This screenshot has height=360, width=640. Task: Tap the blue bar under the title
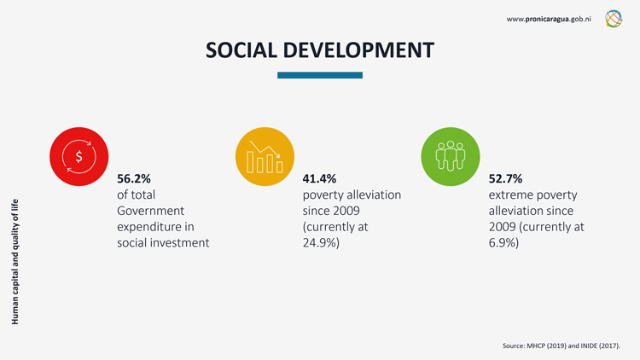[x=320, y=75]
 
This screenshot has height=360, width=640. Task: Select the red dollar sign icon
[x=79, y=156]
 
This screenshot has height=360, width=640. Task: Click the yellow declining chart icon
[x=265, y=156]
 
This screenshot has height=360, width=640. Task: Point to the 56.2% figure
[x=133, y=179]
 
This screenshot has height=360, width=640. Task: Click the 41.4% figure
[x=319, y=179]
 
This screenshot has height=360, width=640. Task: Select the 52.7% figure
[x=505, y=179]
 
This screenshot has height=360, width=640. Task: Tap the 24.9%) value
[x=321, y=243]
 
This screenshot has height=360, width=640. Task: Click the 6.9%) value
[x=503, y=243]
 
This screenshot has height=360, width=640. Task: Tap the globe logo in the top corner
[x=614, y=18]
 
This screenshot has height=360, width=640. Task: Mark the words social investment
[x=163, y=243]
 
